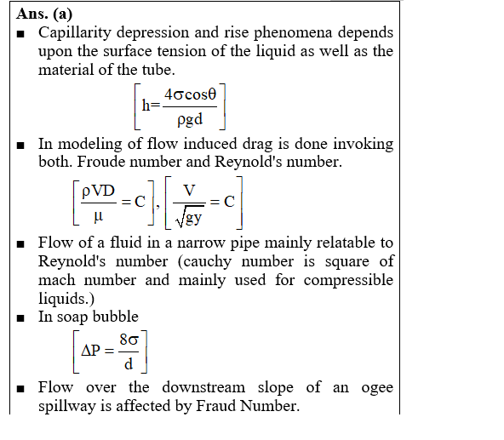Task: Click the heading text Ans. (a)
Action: point(44,14)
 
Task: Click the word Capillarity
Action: point(75,33)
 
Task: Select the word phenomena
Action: point(293,33)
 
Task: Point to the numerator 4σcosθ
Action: point(191,94)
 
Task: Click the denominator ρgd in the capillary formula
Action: point(190,120)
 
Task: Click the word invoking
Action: point(364,144)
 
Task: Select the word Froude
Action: point(101,162)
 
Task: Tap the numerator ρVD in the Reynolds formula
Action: point(99,191)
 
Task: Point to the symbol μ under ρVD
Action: point(99,216)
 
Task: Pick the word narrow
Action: point(201,243)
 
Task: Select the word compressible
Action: point(348,280)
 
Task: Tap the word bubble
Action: point(116,317)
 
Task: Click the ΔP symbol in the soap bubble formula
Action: point(91,351)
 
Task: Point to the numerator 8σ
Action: point(129,340)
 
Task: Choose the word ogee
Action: point(377,388)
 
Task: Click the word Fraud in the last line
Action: point(215,406)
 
